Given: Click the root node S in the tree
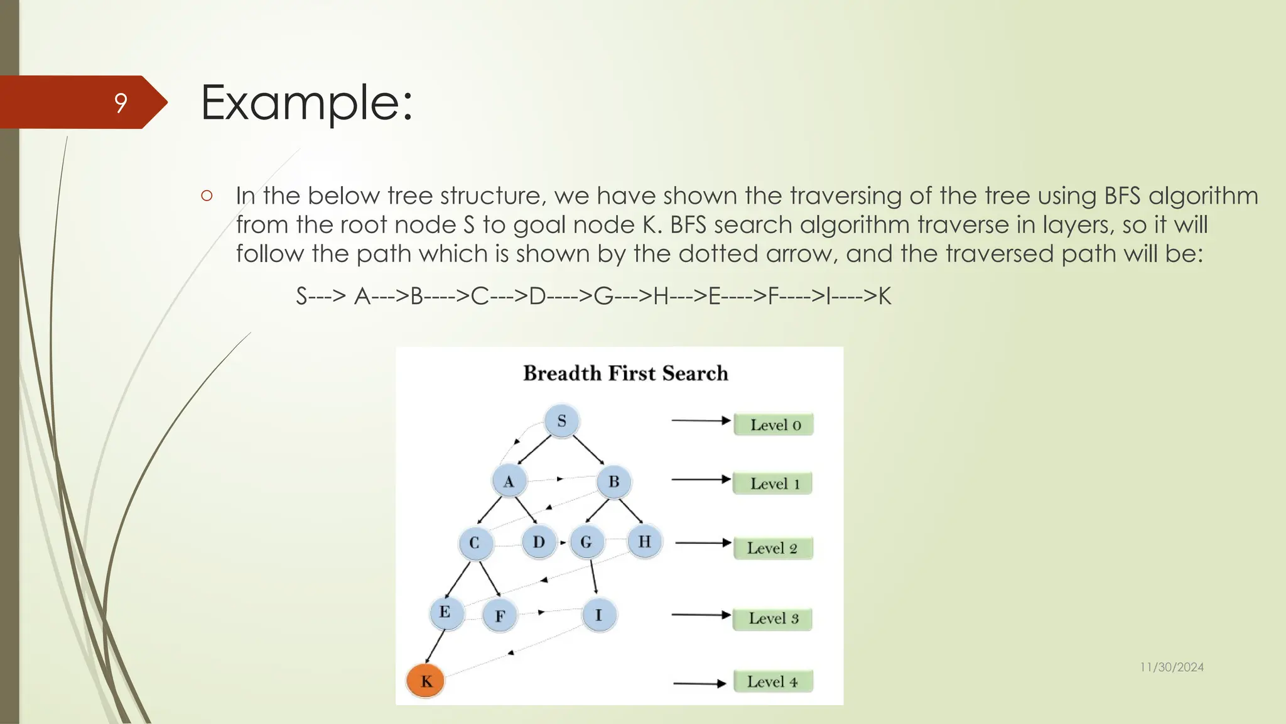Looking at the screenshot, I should point(561,420).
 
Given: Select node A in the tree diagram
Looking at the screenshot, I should point(509,481).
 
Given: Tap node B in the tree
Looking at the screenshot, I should point(613,481).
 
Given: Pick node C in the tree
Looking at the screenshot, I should point(475,542).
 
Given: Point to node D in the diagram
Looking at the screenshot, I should point(539,542).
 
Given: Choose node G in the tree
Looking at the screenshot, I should point(586,542).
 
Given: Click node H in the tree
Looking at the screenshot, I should point(644,541).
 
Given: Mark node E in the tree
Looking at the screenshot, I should point(445,612).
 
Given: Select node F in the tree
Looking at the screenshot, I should point(500,616).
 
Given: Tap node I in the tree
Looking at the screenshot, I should point(598,615).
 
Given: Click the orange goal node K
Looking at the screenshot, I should point(426,681).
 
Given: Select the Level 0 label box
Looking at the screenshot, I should point(774,425).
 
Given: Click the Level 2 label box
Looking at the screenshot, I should point(772,548).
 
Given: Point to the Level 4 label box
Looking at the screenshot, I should point(772,682).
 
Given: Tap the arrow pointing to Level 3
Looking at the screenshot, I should point(701,615).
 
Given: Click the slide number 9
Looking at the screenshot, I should point(121,102).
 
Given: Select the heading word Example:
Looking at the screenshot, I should point(306,102).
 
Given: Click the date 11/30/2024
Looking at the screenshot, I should point(1172,667).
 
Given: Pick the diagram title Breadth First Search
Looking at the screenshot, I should point(625,373).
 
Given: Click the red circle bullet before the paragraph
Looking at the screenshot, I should point(207,195).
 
